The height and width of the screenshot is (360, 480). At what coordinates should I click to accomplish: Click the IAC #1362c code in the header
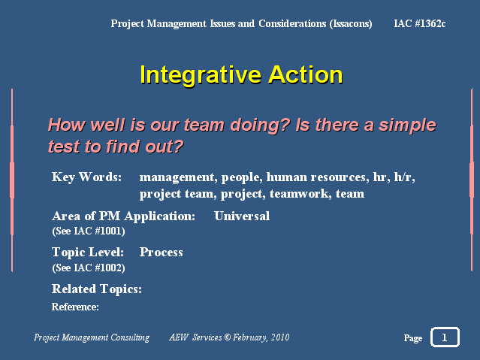pyautogui.click(x=420, y=23)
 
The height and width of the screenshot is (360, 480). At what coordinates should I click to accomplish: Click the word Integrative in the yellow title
pyautogui.click(x=201, y=74)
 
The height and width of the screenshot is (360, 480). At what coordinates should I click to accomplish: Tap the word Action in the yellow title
pyautogui.click(x=306, y=74)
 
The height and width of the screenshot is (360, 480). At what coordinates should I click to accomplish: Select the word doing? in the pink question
pyautogui.click(x=260, y=126)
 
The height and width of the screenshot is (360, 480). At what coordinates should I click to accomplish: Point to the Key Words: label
pyautogui.click(x=86, y=177)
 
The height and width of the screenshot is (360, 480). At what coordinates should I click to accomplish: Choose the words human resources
pyautogui.click(x=318, y=177)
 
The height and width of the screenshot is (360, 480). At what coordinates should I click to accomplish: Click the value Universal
pyautogui.click(x=242, y=216)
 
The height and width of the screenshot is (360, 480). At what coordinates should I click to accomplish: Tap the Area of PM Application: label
pyautogui.click(x=123, y=216)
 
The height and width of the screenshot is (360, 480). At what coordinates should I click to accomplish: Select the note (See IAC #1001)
pyautogui.click(x=89, y=231)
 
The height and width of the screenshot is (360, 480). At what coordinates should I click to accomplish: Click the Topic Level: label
pyautogui.click(x=88, y=253)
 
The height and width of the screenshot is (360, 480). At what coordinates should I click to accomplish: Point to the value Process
pyautogui.click(x=162, y=253)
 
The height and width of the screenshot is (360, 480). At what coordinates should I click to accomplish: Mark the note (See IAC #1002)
pyautogui.click(x=89, y=268)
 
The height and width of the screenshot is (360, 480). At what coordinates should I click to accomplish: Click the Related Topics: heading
pyautogui.click(x=97, y=289)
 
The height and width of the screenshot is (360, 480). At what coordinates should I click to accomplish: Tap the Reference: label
pyautogui.click(x=75, y=307)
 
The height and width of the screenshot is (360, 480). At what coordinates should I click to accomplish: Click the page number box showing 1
pyautogui.click(x=445, y=337)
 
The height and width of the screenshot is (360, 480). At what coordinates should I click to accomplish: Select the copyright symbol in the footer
pyautogui.click(x=227, y=337)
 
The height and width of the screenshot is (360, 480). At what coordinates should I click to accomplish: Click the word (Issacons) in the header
pyautogui.click(x=351, y=23)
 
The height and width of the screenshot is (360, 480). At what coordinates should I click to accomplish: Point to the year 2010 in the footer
pyautogui.click(x=280, y=337)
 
